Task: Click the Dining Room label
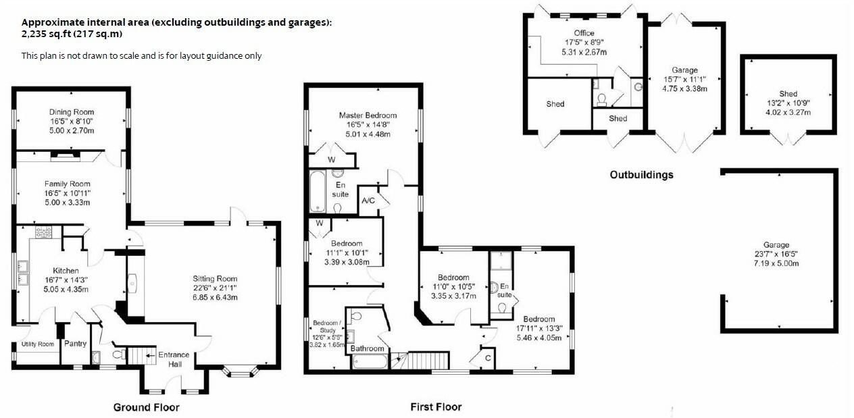click(x=71, y=112)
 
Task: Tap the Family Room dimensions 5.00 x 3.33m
click(x=68, y=202)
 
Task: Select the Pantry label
click(x=75, y=344)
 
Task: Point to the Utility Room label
click(x=37, y=344)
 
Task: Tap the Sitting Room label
click(x=215, y=278)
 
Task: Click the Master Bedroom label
click(x=368, y=115)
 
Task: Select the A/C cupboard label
click(x=368, y=201)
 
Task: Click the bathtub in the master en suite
click(x=318, y=192)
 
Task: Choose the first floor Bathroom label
click(x=367, y=349)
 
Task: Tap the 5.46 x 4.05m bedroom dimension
click(x=538, y=338)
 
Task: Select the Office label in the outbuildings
click(x=584, y=33)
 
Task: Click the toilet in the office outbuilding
click(x=602, y=99)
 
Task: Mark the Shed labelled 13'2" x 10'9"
click(x=788, y=94)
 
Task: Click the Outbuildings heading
click(x=641, y=175)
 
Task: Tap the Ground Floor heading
click(x=146, y=407)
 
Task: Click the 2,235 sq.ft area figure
click(x=44, y=34)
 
